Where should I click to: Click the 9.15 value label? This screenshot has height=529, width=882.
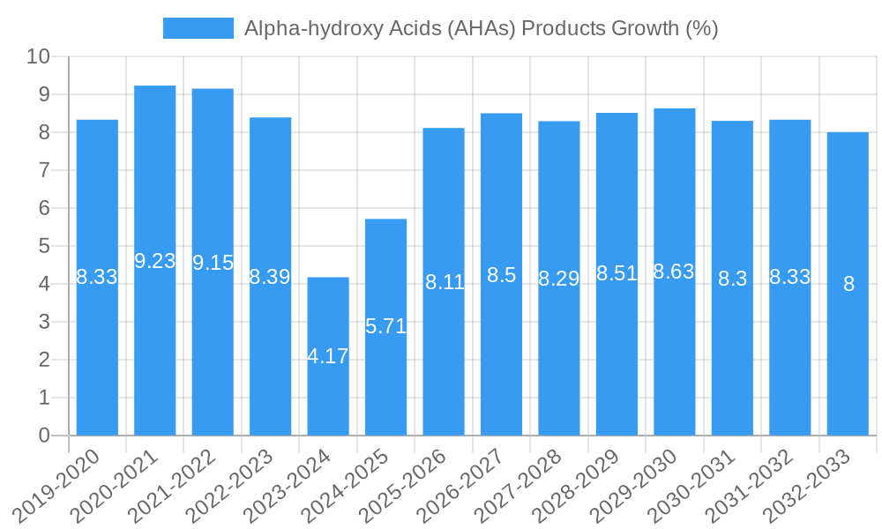point(213,263)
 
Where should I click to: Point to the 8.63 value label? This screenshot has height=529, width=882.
point(674,272)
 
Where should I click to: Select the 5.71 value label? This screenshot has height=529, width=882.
point(385,326)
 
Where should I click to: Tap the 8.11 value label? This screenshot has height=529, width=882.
point(444,283)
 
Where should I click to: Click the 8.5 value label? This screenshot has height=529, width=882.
point(501,275)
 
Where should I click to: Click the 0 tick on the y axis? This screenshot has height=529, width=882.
point(44,436)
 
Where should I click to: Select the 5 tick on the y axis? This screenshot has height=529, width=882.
point(44,246)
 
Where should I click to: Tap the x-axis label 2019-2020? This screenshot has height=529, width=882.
point(60,485)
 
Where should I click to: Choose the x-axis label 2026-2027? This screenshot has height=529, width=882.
point(464,485)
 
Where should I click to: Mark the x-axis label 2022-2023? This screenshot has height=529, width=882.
point(233,485)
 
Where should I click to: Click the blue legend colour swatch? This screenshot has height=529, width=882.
point(198,28)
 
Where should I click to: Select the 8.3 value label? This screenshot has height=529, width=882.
point(732,279)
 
